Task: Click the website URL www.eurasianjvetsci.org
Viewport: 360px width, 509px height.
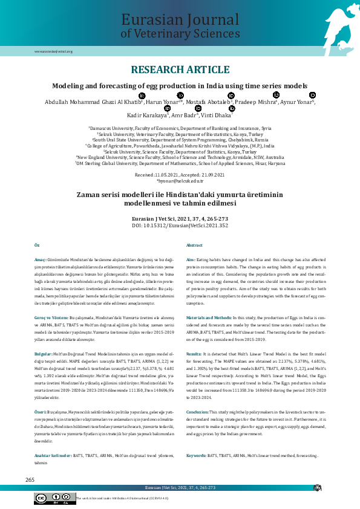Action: [53, 51]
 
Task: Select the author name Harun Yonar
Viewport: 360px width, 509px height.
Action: [162, 102]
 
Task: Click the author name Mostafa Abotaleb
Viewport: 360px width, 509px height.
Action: [209, 102]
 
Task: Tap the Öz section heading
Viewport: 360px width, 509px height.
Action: [37, 245]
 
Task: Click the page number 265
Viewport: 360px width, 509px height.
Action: [30, 479]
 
